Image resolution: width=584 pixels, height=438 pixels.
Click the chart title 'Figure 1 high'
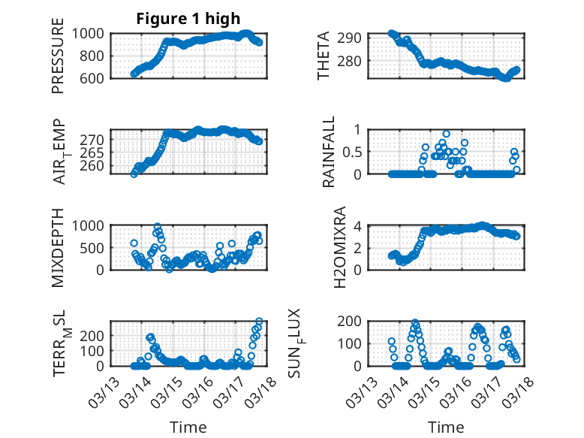tap(188, 19)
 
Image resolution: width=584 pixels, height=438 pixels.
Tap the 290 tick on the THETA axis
tap(353, 38)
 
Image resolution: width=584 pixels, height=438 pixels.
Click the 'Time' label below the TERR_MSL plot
tap(188, 427)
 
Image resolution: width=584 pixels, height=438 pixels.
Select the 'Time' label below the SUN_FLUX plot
tap(446, 427)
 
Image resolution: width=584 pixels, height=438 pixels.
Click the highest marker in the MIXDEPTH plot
tap(158, 226)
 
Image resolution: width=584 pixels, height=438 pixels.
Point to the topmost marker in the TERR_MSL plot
tap(260, 322)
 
